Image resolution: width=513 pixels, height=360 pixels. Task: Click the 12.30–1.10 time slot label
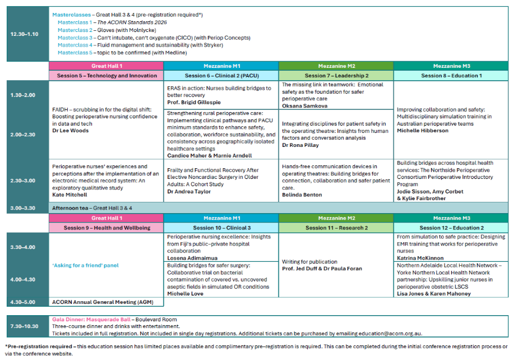coord(25,34)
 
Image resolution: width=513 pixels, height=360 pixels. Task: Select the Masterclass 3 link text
coord(75,38)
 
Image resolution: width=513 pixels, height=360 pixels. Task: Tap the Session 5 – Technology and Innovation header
coord(107,76)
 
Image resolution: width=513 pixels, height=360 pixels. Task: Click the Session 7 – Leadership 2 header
coord(336,76)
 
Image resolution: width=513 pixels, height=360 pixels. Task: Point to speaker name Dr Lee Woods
coord(71,131)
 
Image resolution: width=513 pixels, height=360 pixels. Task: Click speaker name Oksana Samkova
coord(305,105)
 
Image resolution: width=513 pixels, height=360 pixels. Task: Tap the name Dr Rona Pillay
coord(300,145)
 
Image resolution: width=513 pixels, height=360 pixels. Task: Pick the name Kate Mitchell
coord(70,195)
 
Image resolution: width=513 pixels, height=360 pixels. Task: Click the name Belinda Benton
coord(302,195)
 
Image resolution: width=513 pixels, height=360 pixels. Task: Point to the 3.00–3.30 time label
coord(25,208)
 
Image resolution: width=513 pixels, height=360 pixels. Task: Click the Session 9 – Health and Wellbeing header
coord(107,228)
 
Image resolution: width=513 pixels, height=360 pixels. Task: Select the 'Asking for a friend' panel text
coord(86,265)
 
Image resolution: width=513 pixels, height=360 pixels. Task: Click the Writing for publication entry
coord(309,261)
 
